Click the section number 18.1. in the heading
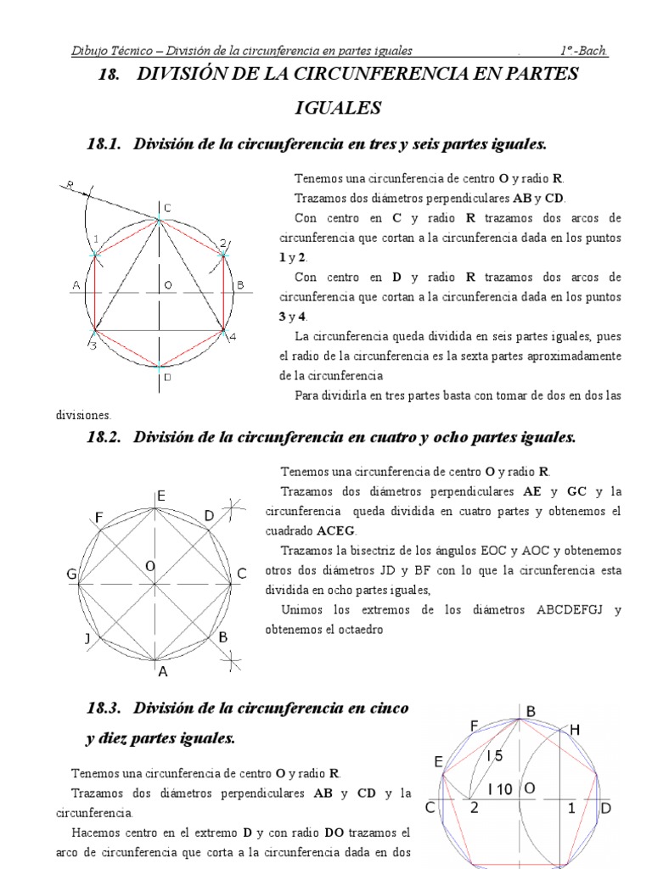coord(105,145)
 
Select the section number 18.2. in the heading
coord(105,438)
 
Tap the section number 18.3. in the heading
coord(105,708)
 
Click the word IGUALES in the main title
coord(339,109)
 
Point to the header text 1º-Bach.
coord(584,51)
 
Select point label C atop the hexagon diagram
coord(167,208)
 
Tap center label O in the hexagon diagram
coord(168,285)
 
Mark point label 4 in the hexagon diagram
coord(232,338)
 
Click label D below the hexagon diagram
coord(167,378)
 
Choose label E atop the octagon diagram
coord(160,496)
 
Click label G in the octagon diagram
coord(72,575)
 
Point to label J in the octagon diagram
coord(87,638)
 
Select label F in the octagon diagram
coord(98,517)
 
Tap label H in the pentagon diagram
coord(575,730)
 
